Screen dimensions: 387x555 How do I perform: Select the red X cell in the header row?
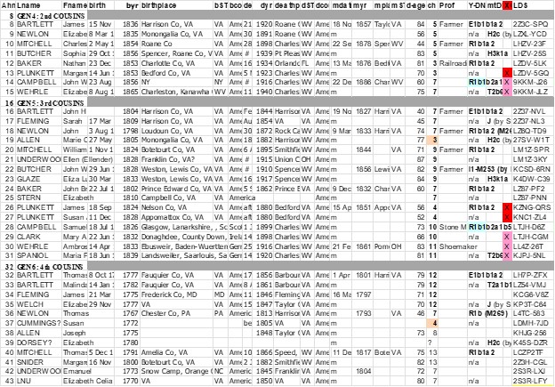pos(506,6)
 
